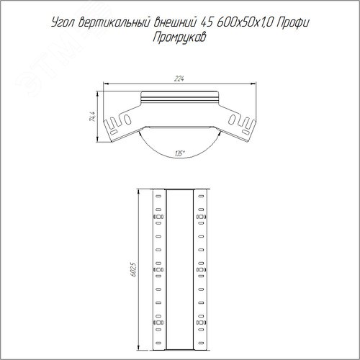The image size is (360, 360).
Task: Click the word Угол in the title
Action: pyautogui.click(x=63, y=23)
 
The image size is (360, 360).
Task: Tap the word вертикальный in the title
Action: pyautogui.click(x=114, y=23)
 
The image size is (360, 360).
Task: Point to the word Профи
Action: pyautogui.click(x=292, y=23)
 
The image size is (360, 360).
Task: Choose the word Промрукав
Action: pyautogui.click(x=179, y=37)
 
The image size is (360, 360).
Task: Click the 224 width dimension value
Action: pyautogui.click(x=179, y=78)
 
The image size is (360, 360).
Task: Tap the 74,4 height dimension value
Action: pyautogui.click(x=93, y=117)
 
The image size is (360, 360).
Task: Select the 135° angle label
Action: pyautogui.click(x=180, y=154)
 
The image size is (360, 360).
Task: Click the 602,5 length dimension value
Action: pyautogui.click(x=133, y=269)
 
